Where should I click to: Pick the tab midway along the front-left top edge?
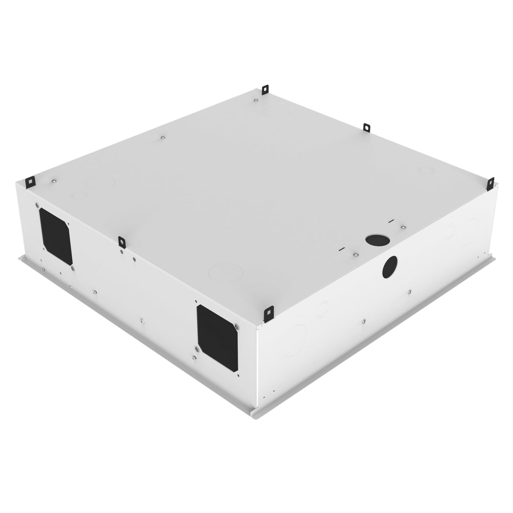[x=122, y=242]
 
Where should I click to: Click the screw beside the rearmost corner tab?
[x=257, y=101]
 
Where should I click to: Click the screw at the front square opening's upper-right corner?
[x=236, y=325]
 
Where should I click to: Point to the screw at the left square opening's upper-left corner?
[x=38, y=202]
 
